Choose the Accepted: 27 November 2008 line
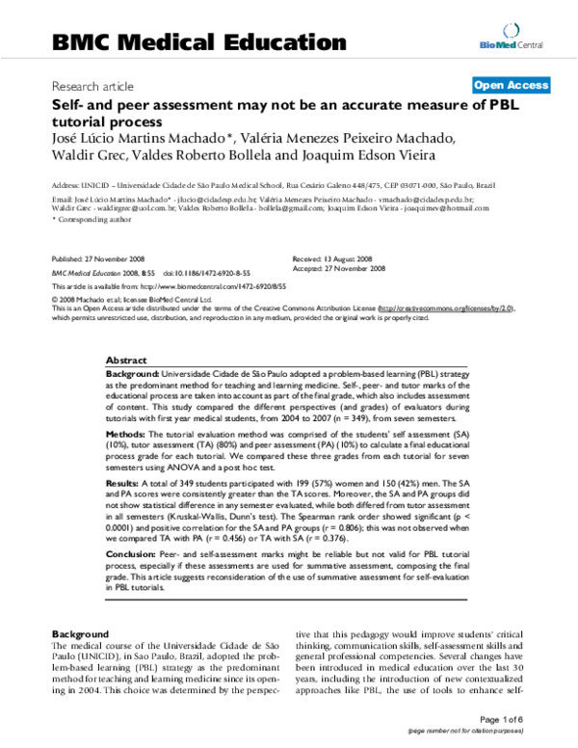click(x=338, y=269)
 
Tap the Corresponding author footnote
click(x=85, y=220)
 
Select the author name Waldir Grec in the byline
click(x=86, y=157)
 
